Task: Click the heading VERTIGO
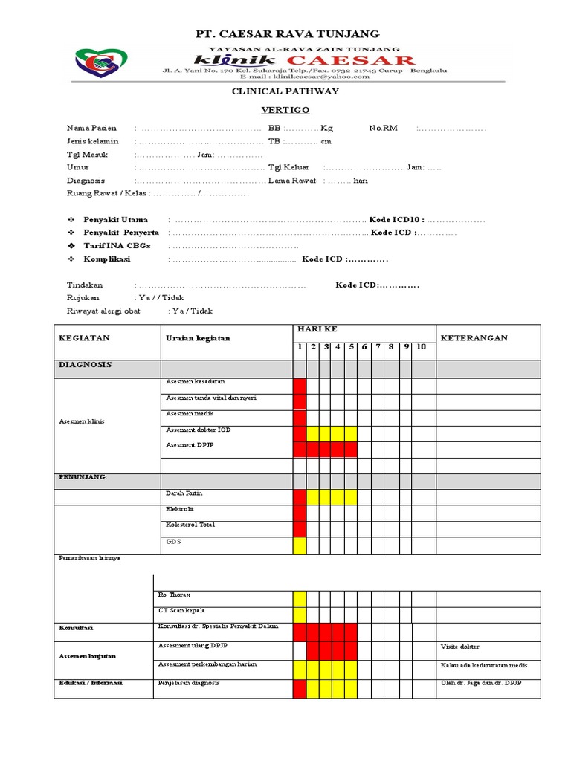click(285, 109)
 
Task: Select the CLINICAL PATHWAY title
click(286, 91)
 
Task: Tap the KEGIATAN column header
click(84, 337)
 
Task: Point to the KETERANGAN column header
click(474, 337)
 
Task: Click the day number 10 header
click(422, 346)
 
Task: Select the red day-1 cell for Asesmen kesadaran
click(300, 385)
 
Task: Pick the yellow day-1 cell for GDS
click(300, 546)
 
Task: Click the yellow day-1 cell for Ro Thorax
click(300, 598)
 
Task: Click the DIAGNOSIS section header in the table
click(85, 365)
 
